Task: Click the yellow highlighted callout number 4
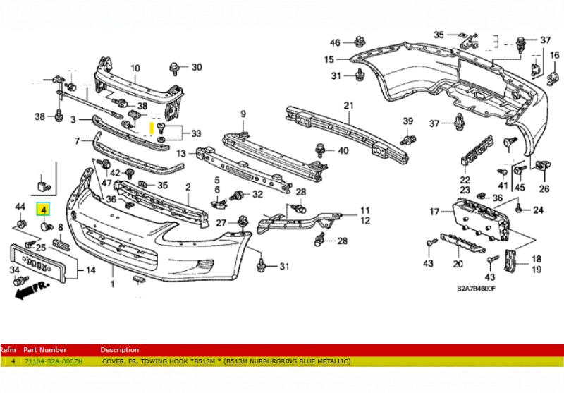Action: [44, 210]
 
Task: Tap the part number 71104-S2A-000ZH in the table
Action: [53, 361]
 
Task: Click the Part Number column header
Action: [45, 350]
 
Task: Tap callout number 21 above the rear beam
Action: [348, 106]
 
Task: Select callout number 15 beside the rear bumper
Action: [329, 59]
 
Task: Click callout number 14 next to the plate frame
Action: [90, 270]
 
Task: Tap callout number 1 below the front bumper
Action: [111, 284]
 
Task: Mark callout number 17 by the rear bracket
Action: [435, 212]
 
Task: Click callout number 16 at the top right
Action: [553, 56]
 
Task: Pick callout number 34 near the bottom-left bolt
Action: [14, 270]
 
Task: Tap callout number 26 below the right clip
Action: [544, 188]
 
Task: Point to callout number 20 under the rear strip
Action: [458, 265]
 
